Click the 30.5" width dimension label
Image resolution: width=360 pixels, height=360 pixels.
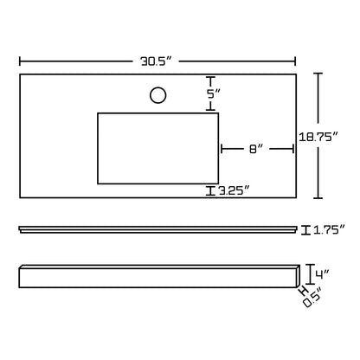[x=156, y=61]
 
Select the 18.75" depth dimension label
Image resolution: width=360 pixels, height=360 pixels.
[x=318, y=137]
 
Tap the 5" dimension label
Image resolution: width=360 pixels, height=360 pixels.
[x=214, y=93]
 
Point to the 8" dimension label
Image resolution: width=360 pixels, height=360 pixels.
[x=256, y=149]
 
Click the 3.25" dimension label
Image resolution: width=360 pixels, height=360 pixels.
[x=234, y=190]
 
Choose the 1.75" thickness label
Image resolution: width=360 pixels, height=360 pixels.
[x=329, y=230]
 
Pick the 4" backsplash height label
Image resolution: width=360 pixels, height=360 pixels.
[x=322, y=273]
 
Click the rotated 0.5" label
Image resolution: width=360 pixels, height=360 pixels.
[x=312, y=298]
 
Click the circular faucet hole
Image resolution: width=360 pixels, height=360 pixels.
[x=158, y=95]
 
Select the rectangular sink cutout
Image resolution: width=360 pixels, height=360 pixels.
[x=158, y=148]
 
